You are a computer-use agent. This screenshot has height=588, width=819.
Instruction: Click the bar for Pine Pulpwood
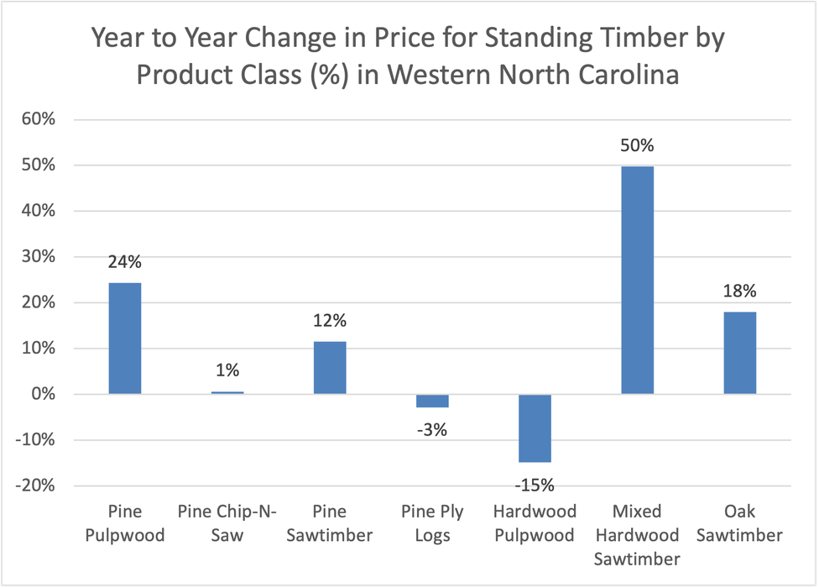125,339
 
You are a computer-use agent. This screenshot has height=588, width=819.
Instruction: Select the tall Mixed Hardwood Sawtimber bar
637,280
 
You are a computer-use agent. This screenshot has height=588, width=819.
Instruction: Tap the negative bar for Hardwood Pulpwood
535,428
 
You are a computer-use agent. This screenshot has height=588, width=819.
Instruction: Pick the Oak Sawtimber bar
739,353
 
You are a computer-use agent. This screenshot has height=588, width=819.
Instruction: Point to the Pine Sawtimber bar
330,367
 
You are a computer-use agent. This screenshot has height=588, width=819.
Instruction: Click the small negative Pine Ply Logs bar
432,401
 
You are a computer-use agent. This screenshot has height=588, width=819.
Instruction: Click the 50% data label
637,146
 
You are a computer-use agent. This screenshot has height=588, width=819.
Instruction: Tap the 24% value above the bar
125,262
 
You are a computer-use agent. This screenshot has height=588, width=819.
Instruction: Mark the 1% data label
227,370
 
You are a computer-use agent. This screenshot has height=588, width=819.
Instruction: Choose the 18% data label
739,291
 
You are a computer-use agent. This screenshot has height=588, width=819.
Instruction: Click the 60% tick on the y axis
39,119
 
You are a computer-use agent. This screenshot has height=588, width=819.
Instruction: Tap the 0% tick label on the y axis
44,395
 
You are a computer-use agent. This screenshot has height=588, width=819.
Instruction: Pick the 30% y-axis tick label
39,257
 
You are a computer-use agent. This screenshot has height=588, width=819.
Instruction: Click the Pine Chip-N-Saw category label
227,522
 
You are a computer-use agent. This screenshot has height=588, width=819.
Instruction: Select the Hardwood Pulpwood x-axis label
535,522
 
